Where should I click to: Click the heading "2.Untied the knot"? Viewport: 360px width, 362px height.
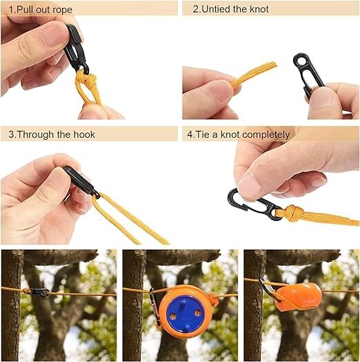(x=230, y=10)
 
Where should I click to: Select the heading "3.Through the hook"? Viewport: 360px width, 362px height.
(x=46, y=134)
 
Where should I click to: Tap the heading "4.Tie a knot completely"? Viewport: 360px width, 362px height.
(x=239, y=134)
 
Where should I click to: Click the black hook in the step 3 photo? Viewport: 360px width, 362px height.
(x=79, y=182)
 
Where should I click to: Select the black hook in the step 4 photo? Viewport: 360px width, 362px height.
(x=252, y=203)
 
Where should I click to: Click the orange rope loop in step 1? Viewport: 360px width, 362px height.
(x=88, y=90)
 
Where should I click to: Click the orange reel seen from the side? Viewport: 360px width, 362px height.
(x=297, y=294)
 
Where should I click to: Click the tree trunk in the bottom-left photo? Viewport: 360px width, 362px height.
(x=12, y=310)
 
